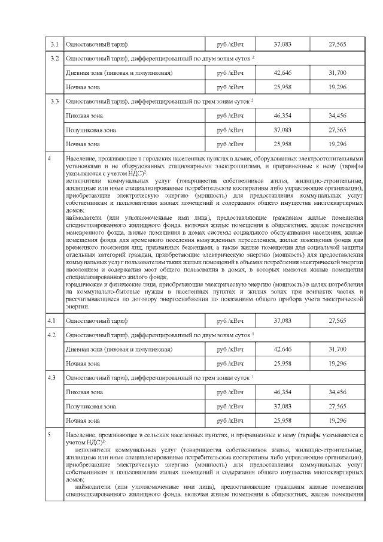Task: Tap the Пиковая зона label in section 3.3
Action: click(83, 115)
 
